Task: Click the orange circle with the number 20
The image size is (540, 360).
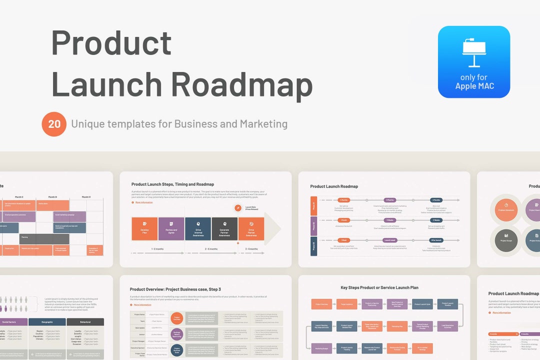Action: click(x=54, y=124)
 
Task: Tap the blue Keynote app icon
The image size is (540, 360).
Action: click(x=474, y=61)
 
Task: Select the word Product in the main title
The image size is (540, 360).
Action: click(x=111, y=42)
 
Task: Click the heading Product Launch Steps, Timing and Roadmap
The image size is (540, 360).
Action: click(x=172, y=184)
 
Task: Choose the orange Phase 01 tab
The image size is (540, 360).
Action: click(x=314, y=205)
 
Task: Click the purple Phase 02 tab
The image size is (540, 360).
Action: click(x=314, y=226)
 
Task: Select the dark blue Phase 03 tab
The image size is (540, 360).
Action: click(x=314, y=246)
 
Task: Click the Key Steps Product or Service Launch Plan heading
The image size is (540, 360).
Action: click(x=379, y=287)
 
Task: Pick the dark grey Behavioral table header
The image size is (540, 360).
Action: click(x=85, y=322)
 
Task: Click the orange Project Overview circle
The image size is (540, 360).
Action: click(x=176, y=317)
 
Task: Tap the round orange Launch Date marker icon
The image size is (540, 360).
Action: click(x=238, y=208)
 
